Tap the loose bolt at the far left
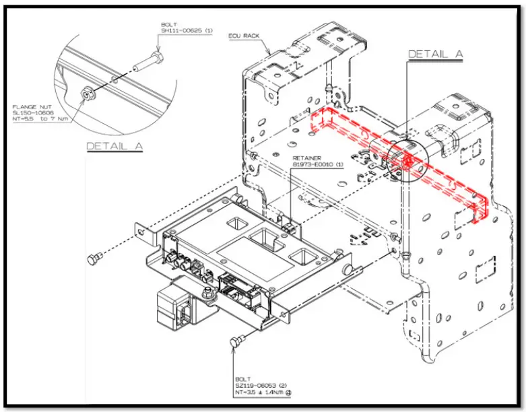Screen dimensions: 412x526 pos(94,259)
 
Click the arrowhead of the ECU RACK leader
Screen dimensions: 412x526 pos(271,55)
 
